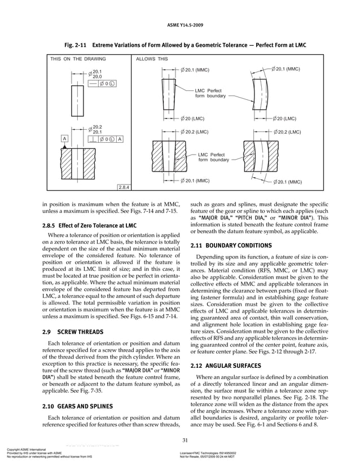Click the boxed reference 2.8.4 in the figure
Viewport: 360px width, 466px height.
pos(124,187)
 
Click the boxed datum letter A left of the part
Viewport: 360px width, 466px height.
pos(66,139)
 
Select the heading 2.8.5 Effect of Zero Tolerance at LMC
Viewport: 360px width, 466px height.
pos(89,226)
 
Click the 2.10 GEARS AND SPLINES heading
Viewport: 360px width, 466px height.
pos(80,406)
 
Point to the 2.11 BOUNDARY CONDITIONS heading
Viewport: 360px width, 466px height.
pos(231,246)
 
